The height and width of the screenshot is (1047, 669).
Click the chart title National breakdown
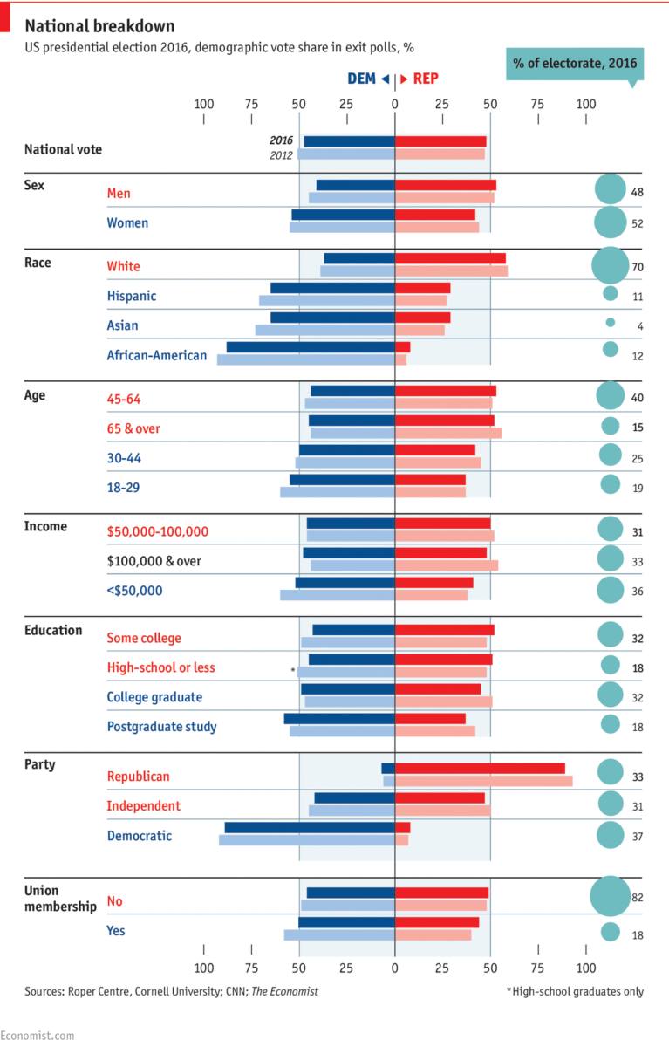[99, 26]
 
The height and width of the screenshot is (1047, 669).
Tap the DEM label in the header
[361, 79]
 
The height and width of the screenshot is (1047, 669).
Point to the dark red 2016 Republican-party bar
[480, 768]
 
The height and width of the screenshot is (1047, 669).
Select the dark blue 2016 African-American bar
[311, 347]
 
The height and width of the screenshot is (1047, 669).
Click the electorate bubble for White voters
[610, 265]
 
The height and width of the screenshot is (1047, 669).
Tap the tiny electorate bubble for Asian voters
[611, 323]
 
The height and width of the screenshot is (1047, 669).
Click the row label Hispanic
[131, 296]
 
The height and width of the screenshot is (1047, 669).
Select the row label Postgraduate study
[161, 726]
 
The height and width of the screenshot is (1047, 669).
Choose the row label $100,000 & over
[154, 561]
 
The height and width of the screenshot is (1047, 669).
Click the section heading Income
[46, 526]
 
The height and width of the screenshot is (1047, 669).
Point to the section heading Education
[53, 630]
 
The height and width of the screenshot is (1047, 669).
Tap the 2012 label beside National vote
[281, 155]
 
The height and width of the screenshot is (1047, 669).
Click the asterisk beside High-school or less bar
[293, 670]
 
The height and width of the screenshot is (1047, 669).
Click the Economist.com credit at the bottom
[38, 1035]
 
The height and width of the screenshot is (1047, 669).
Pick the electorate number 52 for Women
[638, 223]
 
